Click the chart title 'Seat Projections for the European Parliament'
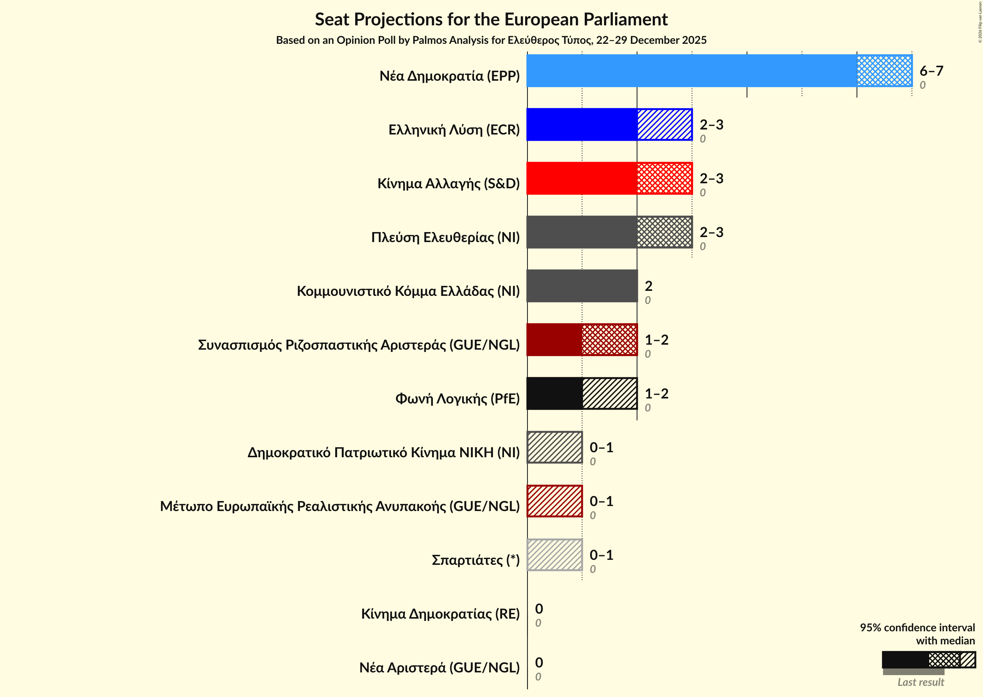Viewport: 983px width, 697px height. click(491, 20)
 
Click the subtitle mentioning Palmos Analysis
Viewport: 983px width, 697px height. click(491, 40)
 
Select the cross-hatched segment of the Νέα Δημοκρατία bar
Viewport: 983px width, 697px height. click(884, 71)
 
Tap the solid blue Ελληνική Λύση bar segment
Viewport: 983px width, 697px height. click(582, 124)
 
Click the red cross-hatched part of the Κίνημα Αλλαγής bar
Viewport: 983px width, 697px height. click(664, 178)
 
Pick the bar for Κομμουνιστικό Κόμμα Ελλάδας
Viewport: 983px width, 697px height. click(582, 286)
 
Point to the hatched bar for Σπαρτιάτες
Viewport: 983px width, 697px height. click(554, 555)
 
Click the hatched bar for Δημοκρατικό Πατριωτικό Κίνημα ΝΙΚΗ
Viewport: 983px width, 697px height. click(554, 447)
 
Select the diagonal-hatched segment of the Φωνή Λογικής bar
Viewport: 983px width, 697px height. click(609, 393)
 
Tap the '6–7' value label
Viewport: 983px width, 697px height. click(931, 71)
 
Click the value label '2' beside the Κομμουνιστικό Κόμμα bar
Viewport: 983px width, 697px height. click(649, 286)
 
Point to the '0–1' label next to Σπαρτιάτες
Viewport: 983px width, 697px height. click(601, 555)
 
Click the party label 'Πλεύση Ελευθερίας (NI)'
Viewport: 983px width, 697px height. click(445, 237)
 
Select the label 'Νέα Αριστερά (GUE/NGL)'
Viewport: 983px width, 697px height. click(439, 668)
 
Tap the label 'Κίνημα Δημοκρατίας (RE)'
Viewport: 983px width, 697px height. click(440, 614)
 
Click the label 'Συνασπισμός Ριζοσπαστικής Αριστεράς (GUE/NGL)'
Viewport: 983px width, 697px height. click(359, 345)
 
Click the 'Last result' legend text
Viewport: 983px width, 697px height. click(920, 682)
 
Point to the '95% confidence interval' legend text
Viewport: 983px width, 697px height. click(917, 628)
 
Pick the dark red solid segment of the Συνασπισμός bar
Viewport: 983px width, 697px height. click(554, 340)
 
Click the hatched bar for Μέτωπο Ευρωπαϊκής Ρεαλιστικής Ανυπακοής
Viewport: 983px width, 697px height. click(554, 501)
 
